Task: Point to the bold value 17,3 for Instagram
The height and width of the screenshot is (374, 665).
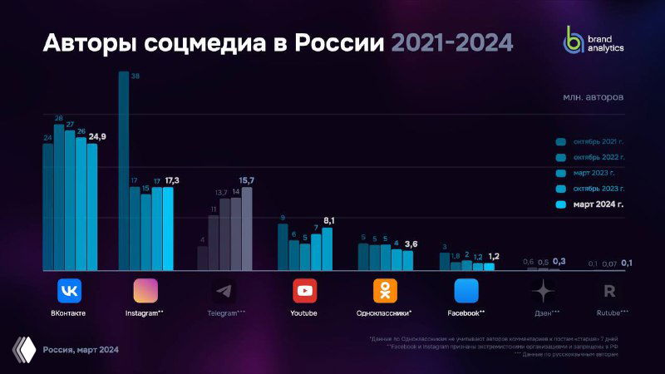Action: [173, 180]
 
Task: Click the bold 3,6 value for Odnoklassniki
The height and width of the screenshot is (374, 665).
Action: [411, 244]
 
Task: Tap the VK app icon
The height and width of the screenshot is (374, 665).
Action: [69, 291]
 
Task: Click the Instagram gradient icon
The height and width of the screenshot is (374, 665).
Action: [145, 291]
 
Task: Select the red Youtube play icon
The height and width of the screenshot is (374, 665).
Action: [304, 291]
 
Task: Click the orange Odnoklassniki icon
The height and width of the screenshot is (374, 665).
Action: [384, 291]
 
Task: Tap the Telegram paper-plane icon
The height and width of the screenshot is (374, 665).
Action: [224, 291]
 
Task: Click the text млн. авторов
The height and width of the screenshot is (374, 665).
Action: [594, 97]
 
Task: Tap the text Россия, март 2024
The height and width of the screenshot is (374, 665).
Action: [81, 350]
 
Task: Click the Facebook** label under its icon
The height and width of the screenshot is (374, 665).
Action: [465, 313]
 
